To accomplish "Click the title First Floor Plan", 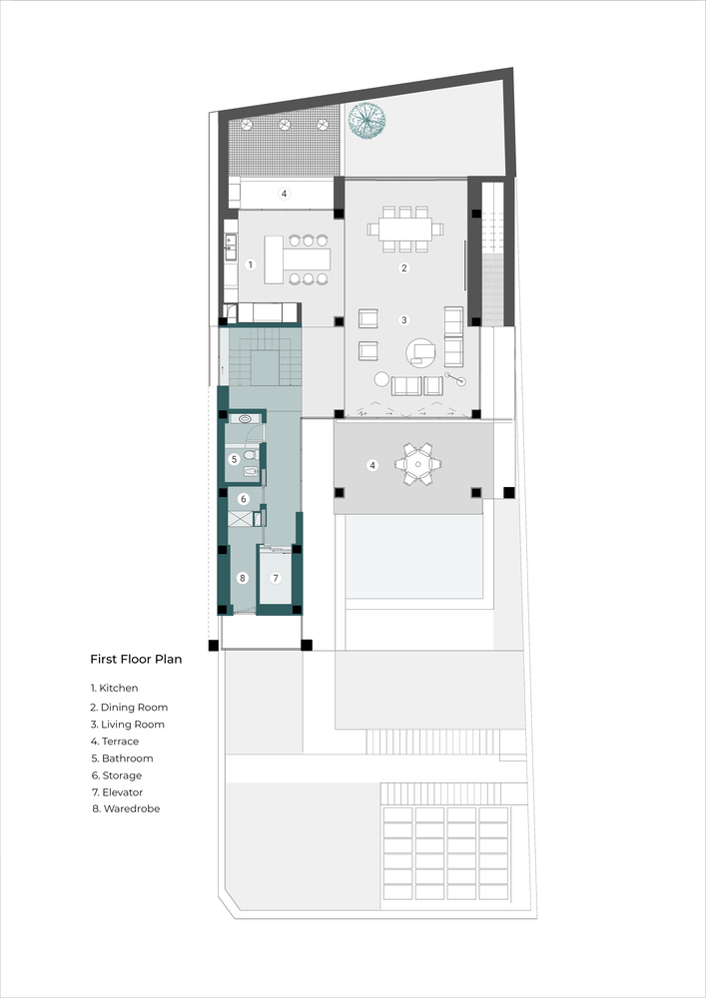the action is click(x=136, y=660).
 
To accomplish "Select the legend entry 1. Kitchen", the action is click(x=114, y=688).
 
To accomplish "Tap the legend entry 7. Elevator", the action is click(x=117, y=792).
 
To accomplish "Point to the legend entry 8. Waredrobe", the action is click(x=126, y=809).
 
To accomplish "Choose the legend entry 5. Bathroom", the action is click(x=122, y=758).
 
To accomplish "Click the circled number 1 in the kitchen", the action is click(x=251, y=264).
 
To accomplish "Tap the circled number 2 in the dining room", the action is click(x=403, y=267).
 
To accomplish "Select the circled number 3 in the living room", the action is click(x=403, y=320).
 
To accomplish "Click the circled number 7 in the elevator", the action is click(x=276, y=579).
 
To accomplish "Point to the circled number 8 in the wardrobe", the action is click(x=242, y=579).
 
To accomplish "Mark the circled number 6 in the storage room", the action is click(x=244, y=500).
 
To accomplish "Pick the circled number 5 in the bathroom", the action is click(x=234, y=459).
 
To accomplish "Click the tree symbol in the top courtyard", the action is click(x=366, y=120).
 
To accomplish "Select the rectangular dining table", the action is click(x=404, y=230).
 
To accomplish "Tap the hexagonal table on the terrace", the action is click(x=417, y=465).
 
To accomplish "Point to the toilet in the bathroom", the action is click(x=251, y=455).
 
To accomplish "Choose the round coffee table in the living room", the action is click(x=420, y=352).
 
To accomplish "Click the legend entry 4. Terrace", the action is click(x=115, y=742).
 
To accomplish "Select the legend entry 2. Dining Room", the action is click(x=129, y=708).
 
